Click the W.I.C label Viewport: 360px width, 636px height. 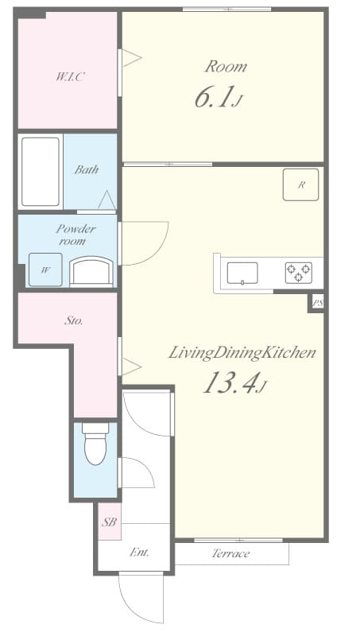click(70, 77)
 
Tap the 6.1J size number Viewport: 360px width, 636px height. click(217, 98)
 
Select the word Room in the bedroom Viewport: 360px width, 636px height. click(226, 66)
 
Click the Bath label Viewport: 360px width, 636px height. click(86, 169)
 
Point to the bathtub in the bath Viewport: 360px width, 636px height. click(41, 171)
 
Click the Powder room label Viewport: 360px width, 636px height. click(75, 234)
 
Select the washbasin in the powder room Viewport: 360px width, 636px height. click(91, 270)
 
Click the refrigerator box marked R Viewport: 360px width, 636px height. click(301, 184)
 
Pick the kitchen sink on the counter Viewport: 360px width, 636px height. click(242, 273)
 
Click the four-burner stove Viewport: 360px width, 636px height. click(299, 273)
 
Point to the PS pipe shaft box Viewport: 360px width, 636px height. click(317, 302)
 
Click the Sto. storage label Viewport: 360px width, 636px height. click(74, 321)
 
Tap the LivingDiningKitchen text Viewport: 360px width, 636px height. click(242, 352)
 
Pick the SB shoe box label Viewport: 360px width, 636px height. click(109, 522)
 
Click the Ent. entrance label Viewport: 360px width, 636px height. click(139, 553)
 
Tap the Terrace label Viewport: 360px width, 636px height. click(231, 553)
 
